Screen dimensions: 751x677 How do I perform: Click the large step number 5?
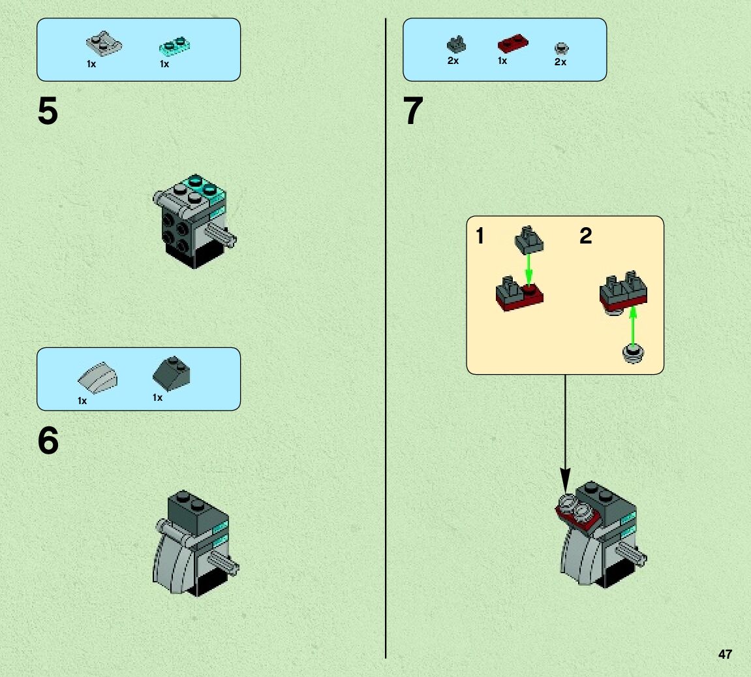(x=48, y=112)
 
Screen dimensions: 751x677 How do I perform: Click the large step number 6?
(x=48, y=442)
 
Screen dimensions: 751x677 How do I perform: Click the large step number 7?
(x=414, y=112)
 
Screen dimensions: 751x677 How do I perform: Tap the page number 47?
(x=724, y=654)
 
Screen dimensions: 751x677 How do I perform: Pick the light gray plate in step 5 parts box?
(x=100, y=44)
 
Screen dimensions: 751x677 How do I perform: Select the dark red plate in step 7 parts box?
(x=513, y=44)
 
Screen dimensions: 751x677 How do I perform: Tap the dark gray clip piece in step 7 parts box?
(x=455, y=44)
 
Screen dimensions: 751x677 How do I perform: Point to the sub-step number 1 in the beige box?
(x=480, y=236)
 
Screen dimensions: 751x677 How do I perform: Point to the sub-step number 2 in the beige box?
(x=585, y=236)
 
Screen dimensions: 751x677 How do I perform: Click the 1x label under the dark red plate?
(x=502, y=61)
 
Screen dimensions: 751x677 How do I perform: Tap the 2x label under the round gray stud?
(x=560, y=62)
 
